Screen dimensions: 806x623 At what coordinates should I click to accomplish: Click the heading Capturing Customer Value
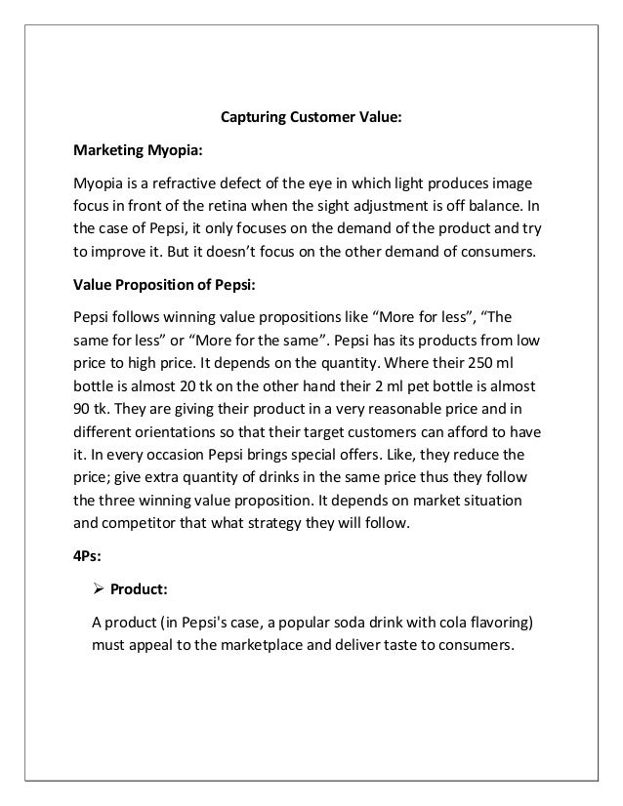pos(311,119)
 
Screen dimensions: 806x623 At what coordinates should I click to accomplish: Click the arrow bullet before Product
pos(97,587)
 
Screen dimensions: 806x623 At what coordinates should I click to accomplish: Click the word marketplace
pos(282,645)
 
